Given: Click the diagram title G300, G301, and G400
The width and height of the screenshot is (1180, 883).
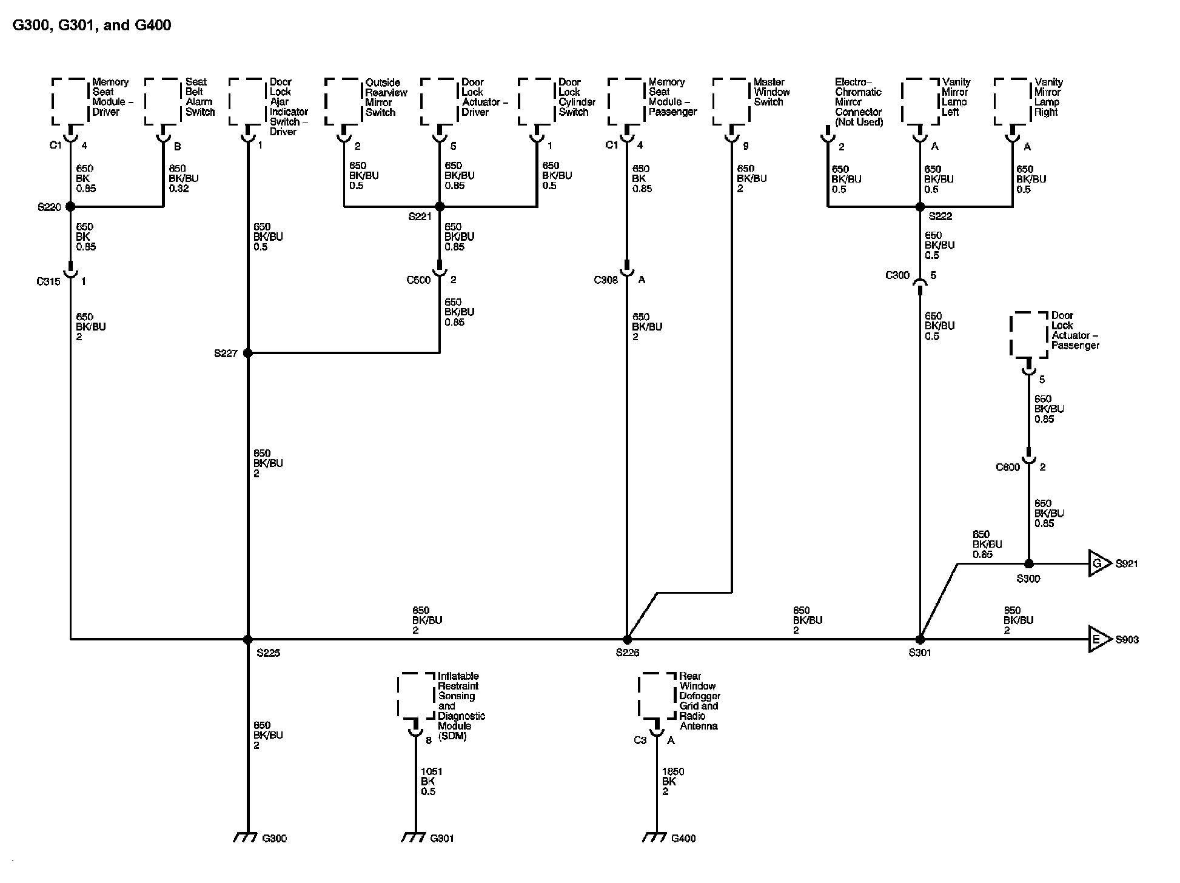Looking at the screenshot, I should coord(92,25).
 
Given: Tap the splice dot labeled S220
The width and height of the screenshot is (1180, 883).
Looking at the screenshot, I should coord(70,207).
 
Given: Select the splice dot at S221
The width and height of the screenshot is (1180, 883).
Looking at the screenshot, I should coord(440,207).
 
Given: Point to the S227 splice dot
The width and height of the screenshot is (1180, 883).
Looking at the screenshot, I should coord(247,353).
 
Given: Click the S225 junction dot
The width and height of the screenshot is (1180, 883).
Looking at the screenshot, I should coord(247,639).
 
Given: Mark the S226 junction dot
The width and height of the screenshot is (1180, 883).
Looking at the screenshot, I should coord(627,639).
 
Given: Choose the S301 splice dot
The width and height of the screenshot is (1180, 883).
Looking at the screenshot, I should coord(920,639).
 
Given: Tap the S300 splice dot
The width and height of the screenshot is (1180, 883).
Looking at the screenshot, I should coord(1028,564).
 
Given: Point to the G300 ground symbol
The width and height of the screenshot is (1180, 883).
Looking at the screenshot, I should coord(244,838).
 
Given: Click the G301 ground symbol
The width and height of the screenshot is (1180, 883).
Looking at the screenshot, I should coord(413,838).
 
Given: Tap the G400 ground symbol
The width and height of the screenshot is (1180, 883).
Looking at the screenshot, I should coord(654,838).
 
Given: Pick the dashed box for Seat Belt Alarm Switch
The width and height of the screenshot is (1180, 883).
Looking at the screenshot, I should coord(163,102).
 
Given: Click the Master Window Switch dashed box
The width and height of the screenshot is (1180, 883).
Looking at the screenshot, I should coord(731,102).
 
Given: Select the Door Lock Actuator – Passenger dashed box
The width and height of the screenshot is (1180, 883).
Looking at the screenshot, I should coord(1028,335).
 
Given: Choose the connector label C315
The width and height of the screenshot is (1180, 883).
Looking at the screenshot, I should coord(49,281).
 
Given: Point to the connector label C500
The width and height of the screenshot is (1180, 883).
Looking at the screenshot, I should coord(418,280).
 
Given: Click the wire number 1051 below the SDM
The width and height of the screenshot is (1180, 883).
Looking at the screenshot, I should coord(431,772).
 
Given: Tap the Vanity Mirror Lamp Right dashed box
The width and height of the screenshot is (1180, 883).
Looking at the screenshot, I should coord(1013,102).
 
